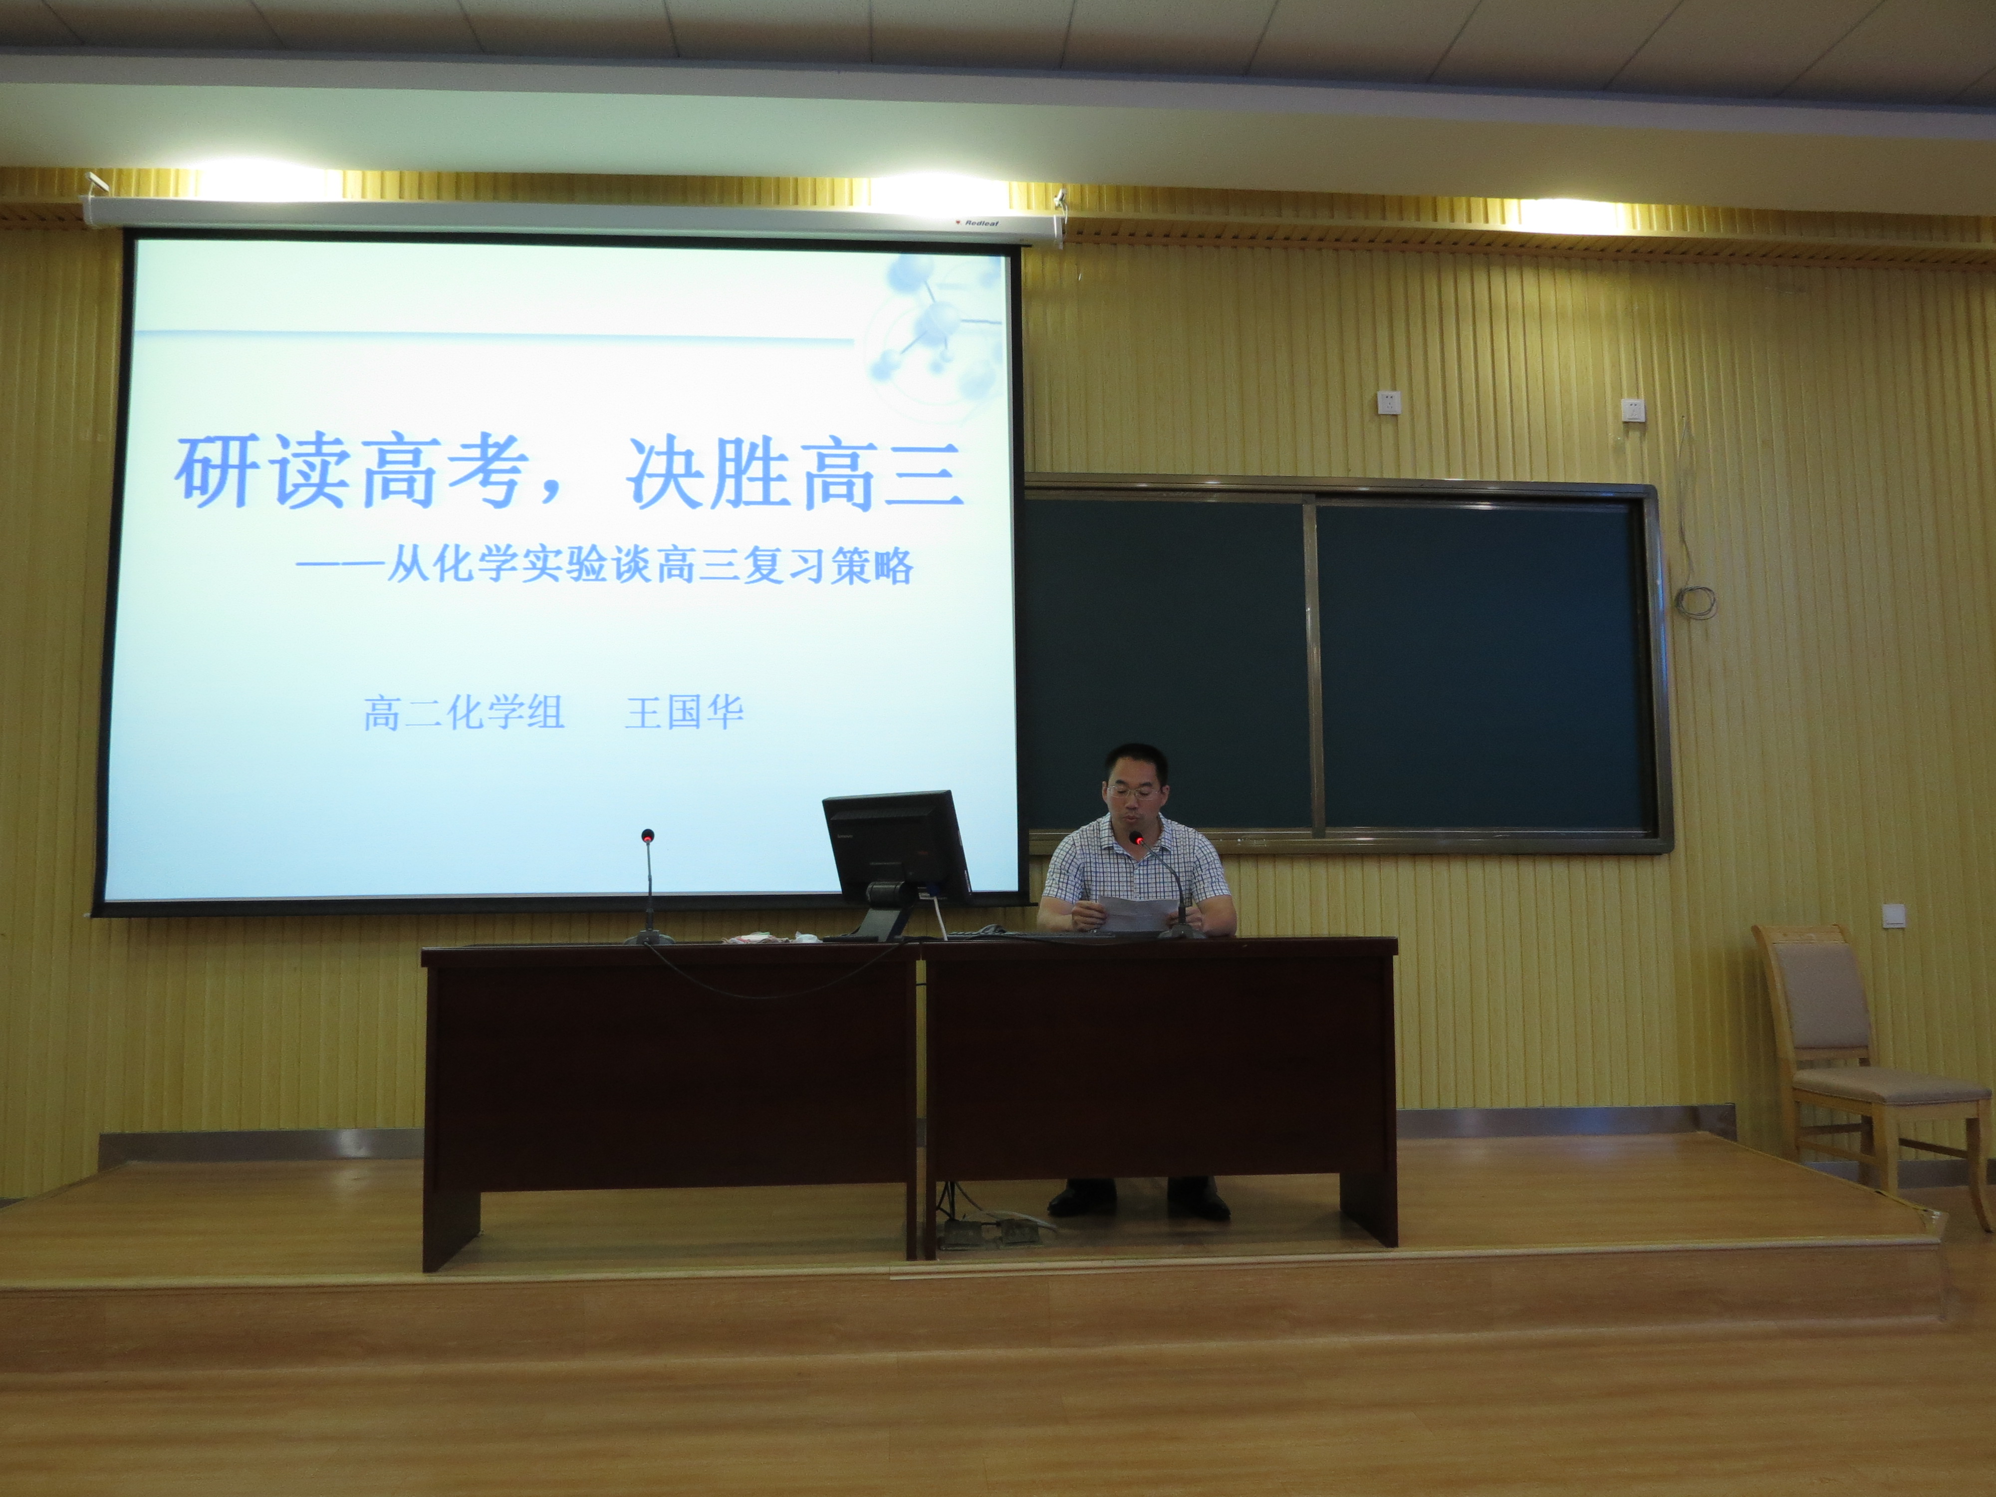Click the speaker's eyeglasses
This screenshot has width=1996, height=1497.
click(x=1134, y=791)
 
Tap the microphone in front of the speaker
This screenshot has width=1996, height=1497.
click(x=1164, y=884)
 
